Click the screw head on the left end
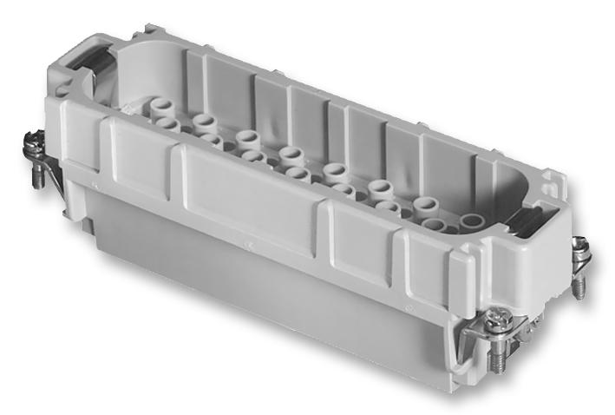(34, 139)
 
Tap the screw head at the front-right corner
(497, 321)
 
